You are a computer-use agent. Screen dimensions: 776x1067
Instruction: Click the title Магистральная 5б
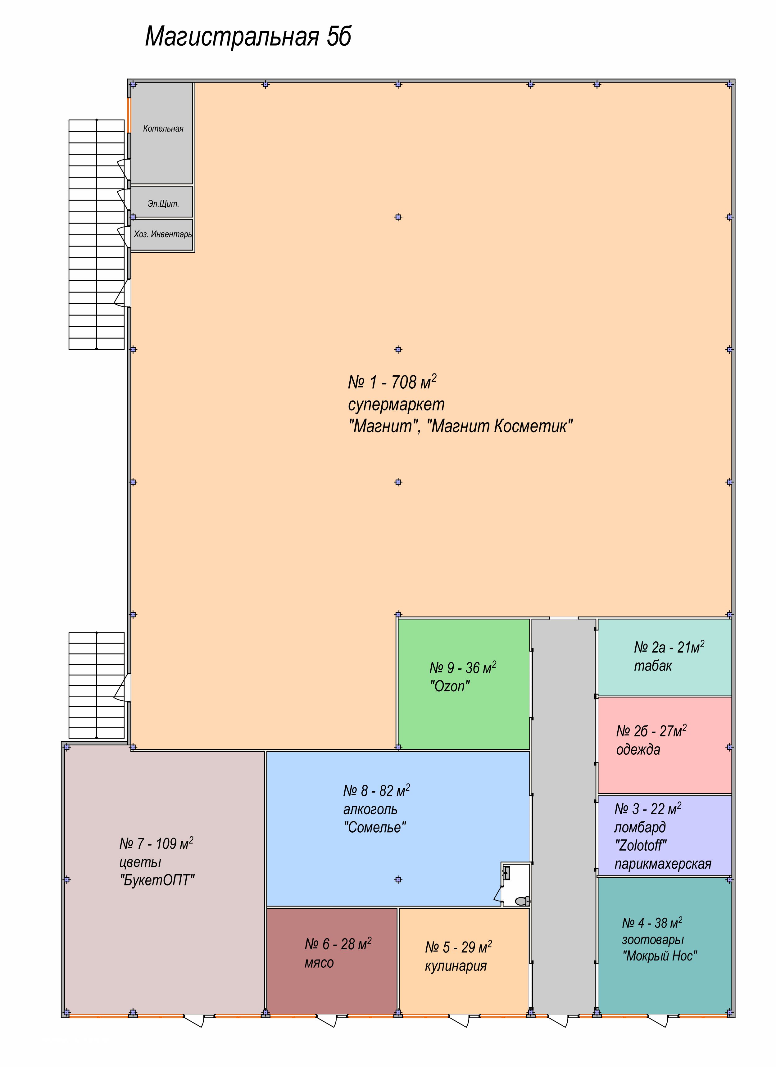(x=248, y=37)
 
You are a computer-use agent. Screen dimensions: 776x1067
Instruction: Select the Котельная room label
(x=163, y=129)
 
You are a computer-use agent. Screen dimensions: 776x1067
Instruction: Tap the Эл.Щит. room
(x=162, y=202)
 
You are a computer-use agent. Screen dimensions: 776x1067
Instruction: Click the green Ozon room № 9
(x=464, y=684)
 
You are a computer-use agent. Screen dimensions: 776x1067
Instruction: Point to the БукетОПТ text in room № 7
(x=157, y=880)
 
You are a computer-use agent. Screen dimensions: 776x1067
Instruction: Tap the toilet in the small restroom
(x=522, y=901)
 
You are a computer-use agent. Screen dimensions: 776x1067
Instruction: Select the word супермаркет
(x=396, y=405)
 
